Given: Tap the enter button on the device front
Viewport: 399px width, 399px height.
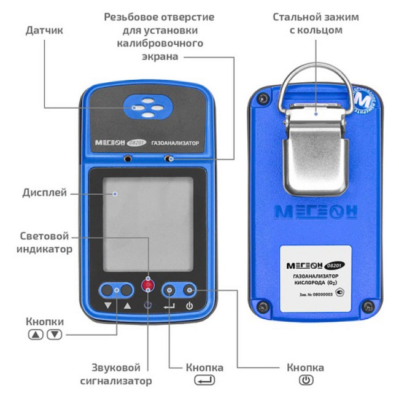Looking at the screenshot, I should click(169, 290).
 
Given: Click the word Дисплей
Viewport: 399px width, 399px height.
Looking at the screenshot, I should click(43, 193).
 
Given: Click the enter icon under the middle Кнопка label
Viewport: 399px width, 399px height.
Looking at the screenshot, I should click(204, 381).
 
